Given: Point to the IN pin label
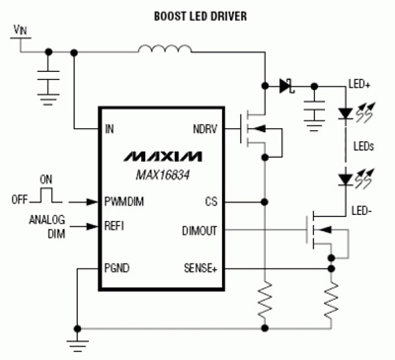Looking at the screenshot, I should tap(113, 128).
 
